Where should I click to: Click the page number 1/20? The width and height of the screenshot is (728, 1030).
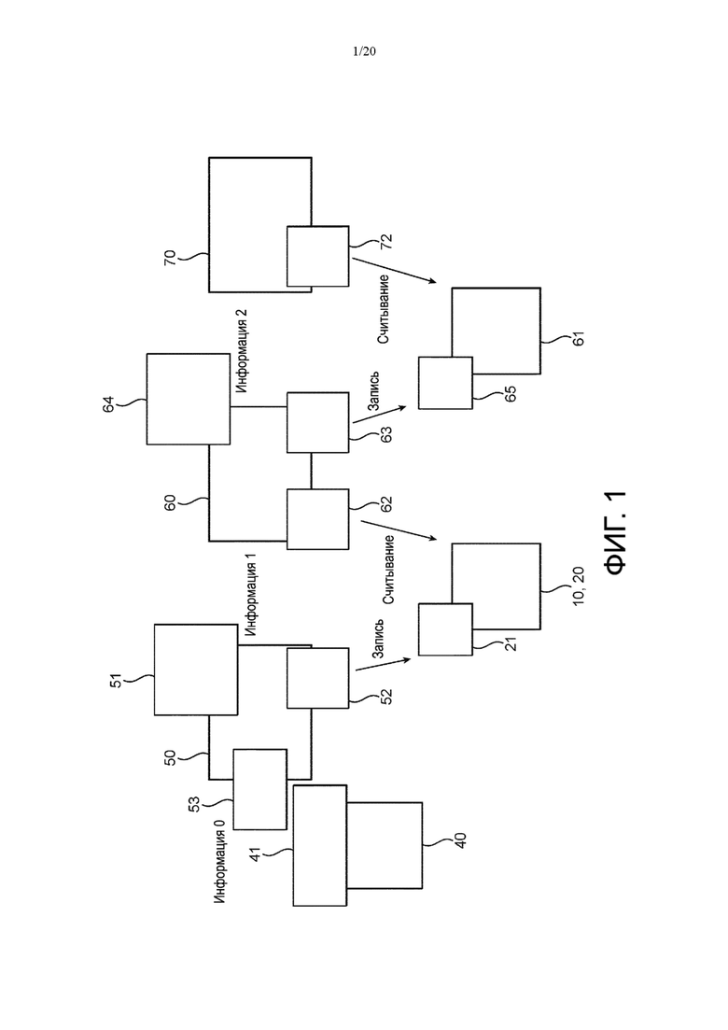(364, 51)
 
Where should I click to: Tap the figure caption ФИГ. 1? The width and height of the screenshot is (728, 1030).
(616, 532)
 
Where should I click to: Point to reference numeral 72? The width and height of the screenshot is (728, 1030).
(386, 241)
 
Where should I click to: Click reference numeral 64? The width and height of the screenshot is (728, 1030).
(108, 403)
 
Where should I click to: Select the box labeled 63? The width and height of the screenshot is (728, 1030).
(317, 422)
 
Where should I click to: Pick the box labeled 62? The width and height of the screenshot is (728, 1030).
(317, 519)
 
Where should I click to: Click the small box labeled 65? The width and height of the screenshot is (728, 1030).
(445, 383)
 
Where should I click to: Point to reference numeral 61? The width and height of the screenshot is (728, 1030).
(578, 338)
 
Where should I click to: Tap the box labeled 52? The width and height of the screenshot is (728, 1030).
(317, 678)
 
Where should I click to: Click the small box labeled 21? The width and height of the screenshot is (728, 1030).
(445, 629)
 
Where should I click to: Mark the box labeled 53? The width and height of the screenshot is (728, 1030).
(260, 789)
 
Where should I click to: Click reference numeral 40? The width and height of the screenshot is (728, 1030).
(460, 840)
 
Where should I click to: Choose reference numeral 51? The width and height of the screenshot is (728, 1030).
(116, 680)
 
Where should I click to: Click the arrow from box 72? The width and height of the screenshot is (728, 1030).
(394, 270)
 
